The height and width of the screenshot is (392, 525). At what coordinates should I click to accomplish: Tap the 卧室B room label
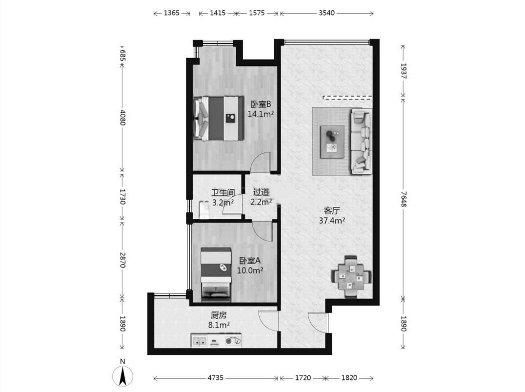(261, 104)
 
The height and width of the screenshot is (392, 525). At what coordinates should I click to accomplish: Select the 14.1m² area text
(261, 114)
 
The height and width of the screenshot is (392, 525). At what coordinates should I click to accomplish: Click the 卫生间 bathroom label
(222, 193)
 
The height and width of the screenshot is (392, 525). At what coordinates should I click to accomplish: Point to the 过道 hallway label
(261, 192)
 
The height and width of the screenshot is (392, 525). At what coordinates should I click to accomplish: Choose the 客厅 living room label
(332, 211)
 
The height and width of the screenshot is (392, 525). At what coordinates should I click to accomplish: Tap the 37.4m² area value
(332, 221)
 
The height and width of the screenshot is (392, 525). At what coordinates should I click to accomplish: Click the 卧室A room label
(250, 260)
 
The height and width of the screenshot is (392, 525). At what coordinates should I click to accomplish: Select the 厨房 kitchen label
(219, 315)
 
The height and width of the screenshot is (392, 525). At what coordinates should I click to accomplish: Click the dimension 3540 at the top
(326, 13)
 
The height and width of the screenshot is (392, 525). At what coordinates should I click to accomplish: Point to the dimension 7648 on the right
(404, 199)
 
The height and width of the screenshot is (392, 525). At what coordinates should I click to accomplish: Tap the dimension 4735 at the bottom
(215, 377)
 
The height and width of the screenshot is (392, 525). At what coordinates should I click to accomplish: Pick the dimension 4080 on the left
(122, 117)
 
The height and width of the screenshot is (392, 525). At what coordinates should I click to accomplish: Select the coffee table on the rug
(332, 142)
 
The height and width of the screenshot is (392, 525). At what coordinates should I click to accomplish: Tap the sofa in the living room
(361, 141)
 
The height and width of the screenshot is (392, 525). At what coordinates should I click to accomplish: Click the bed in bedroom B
(219, 118)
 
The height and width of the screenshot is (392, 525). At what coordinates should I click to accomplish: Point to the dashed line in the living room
(347, 98)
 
